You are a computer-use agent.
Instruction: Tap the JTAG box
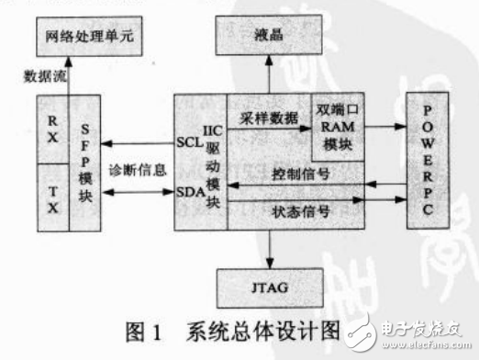pos(269,287)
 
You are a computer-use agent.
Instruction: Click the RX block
pos(52,129)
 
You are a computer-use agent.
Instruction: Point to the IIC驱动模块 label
pos(213,162)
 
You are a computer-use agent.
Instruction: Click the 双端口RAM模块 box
pos(338,125)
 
